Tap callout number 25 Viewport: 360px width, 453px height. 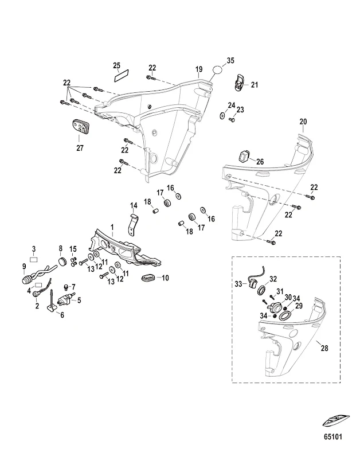click(116, 65)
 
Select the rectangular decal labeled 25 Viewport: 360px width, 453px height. click(122, 75)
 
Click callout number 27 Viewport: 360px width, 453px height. click(79, 148)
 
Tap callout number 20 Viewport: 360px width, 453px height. click(303, 121)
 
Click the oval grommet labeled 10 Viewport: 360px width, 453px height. click(148, 279)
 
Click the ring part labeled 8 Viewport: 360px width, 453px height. click(60, 263)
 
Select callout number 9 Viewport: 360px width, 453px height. click(24, 266)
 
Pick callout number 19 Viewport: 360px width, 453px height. click(199, 69)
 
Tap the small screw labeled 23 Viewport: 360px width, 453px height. click(232, 119)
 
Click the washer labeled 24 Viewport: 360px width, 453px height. click(221, 115)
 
